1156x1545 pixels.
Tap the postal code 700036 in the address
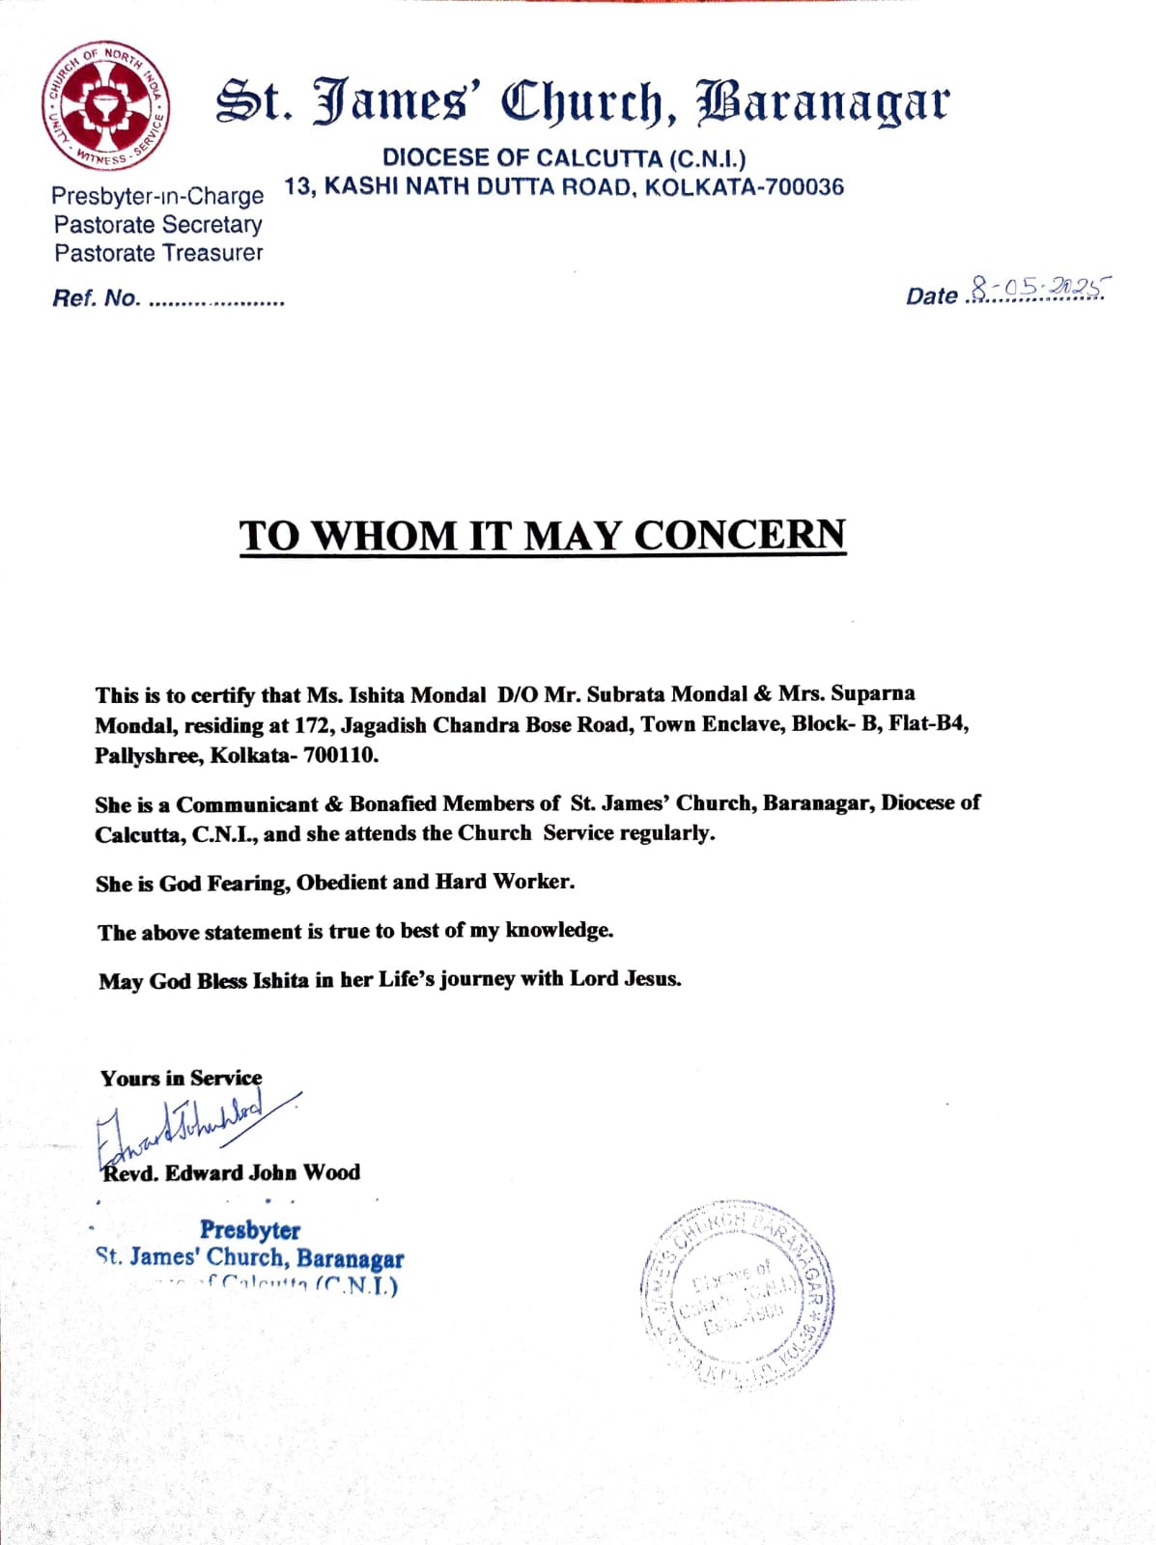[803, 186]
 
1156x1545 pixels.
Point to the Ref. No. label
[96, 298]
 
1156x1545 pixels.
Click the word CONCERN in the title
[739, 535]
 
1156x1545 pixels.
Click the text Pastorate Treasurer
[158, 253]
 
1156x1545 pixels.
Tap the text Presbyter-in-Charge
[157, 196]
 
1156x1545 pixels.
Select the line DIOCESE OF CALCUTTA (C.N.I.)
[564, 157]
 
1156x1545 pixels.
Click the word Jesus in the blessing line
[652, 979]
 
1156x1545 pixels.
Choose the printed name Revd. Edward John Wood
[231, 1173]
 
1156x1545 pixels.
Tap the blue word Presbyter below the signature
[249, 1230]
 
